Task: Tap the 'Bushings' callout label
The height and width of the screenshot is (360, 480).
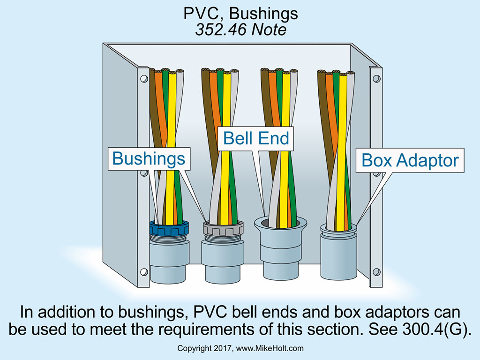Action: coord(149,159)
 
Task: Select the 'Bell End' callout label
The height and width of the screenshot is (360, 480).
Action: coord(256,138)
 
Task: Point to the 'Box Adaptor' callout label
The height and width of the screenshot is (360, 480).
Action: coord(410,161)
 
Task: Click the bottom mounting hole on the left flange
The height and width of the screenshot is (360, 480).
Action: coord(142,271)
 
